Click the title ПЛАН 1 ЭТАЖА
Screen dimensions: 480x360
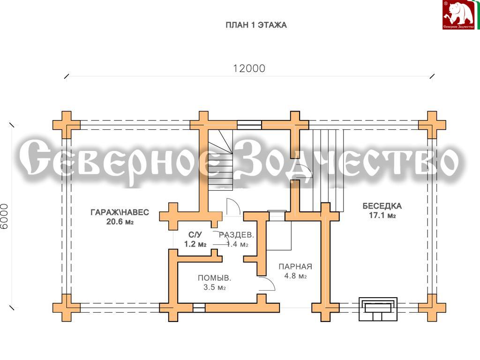[256, 25]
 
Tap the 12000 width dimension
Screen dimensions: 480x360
[249, 68]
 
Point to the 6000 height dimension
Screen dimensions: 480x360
[4, 217]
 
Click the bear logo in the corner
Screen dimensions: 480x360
[458, 15]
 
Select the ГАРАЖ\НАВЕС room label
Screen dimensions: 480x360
[120, 212]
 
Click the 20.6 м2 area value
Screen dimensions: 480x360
[120, 222]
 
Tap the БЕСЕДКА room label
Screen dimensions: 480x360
[382, 206]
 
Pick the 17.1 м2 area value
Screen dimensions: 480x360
[382, 216]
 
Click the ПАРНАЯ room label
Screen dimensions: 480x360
[295, 267]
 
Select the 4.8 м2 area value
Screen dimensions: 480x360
[295, 276]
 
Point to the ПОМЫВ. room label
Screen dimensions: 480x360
[214, 278]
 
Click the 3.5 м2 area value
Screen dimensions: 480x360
[214, 287]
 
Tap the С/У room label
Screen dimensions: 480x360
[195, 235]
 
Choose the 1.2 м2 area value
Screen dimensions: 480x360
[195, 244]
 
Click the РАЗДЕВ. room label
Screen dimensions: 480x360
[236, 235]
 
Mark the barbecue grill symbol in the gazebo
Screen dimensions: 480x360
[378, 308]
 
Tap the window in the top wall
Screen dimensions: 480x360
[249, 125]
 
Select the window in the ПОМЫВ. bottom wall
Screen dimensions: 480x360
[199, 307]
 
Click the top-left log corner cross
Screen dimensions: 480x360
[67, 125]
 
